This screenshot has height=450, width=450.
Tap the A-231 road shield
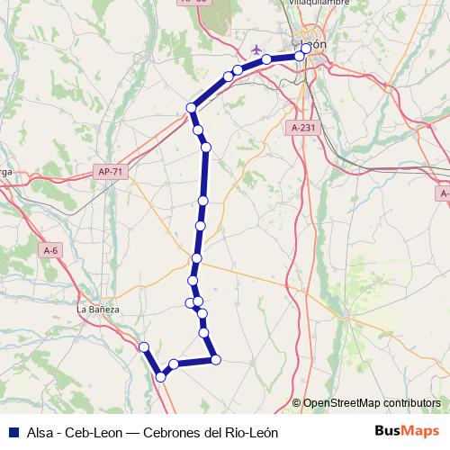coord(304,129)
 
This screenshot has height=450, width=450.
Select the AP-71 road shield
coord(108,169)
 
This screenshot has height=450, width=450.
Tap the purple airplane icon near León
coord(259,49)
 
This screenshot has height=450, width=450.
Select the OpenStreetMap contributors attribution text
coord(372,403)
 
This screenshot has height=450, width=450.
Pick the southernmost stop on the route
coord(161,377)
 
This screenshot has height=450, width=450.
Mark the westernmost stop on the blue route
coord(143,346)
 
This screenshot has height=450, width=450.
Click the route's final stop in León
coord(306,49)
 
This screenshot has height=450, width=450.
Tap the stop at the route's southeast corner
coord(215,360)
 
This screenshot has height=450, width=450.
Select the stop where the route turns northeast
coord(191,108)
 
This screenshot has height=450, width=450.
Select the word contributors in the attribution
coord(409,403)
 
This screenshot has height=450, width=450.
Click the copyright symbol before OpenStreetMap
coord(296,403)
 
